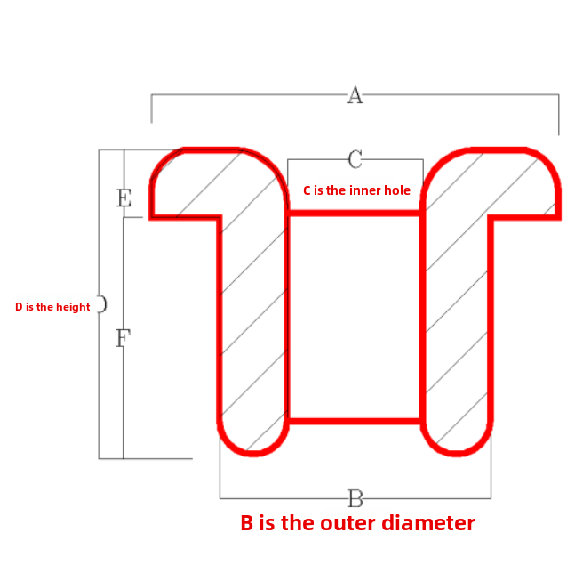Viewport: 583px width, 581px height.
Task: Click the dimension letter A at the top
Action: [355, 95]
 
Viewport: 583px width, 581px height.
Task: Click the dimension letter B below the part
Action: [355, 497]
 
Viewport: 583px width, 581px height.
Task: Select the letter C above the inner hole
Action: [355, 159]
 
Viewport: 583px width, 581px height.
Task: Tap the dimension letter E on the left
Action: [124, 198]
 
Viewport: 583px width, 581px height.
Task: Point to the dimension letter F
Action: [124, 338]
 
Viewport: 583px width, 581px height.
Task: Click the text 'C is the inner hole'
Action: [356, 190]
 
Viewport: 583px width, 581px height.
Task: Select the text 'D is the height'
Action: [52, 307]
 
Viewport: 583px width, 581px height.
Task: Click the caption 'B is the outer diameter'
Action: [357, 523]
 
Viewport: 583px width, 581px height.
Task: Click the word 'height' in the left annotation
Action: [73, 307]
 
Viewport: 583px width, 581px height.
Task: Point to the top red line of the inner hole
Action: [355, 213]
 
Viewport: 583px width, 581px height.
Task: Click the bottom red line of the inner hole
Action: [355, 420]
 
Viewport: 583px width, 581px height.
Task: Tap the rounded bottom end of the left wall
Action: [253, 436]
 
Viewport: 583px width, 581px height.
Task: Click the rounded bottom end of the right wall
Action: [457, 436]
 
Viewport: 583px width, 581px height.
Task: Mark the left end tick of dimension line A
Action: [152, 109]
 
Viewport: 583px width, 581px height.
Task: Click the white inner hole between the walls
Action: [355, 316]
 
